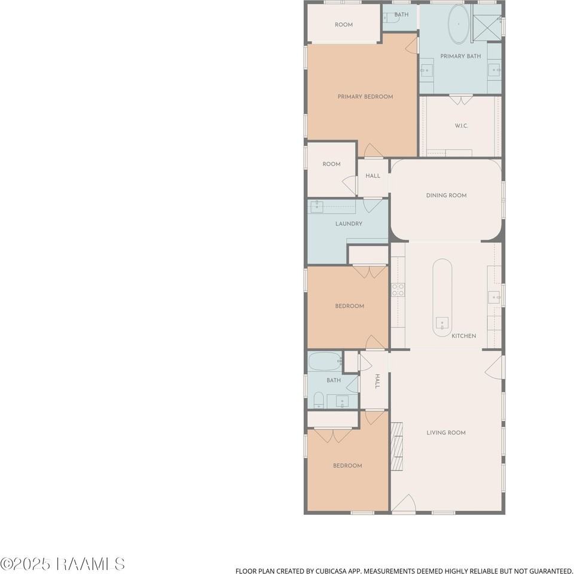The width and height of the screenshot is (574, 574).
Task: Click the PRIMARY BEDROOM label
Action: pyautogui.click(x=365, y=97)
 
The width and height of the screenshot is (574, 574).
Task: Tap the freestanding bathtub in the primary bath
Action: pyautogui.click(x=459, y=25)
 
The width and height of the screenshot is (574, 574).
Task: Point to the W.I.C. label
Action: pyautogui.click(x=461, y=126)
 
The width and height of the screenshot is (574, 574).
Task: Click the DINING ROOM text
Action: pyautogui.click(x=446, y=196)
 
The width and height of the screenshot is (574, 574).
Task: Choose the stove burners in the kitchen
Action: pyautogui.click(x=398, y=289)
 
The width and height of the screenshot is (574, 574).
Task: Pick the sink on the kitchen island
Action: pyautogui.click(x=442, y=323)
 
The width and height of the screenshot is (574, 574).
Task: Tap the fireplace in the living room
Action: pyautogui.click(x=397, y=446)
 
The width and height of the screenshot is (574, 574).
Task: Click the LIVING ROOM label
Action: pyautogui.click(x=446, y=433)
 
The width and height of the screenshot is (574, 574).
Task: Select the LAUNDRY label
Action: pyautogui.click(x=349, y=224)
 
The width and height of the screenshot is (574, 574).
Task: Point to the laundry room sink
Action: pyautogui.click(x=317, y=206)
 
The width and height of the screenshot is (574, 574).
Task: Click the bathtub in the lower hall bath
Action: pyautogui.click(x=325, y=361)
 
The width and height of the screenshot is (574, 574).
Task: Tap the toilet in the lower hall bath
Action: pyautogui.click(x=319, y=401)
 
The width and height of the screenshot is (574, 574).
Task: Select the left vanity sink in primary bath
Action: pyautogui.click(x=426, y=70)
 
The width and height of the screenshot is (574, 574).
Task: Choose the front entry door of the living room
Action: pyautogui.click(x=404, y=503)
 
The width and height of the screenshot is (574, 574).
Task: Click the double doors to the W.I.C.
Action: pyautogui.click(x=460, y=100)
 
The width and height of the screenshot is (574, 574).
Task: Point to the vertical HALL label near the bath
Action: pyautogui.click(x=377, y=381)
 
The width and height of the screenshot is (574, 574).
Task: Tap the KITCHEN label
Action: pyautogui.click(x=464, y=335)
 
